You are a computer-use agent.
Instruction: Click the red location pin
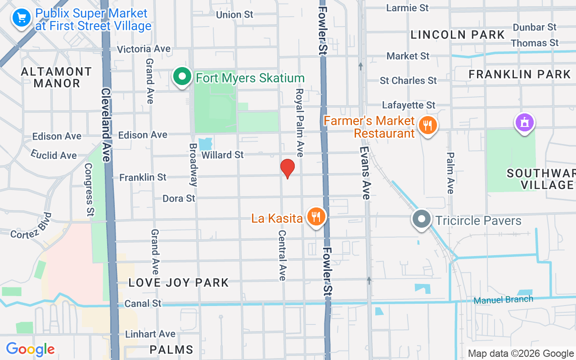click(288, 168)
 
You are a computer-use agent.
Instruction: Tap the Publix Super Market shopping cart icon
click(21, 18)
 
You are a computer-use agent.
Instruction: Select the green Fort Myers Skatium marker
click(182, 77)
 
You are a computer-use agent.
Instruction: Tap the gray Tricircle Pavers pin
click(422, 219)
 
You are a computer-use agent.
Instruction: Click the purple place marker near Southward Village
click(525, 122)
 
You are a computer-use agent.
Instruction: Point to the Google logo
click(31, 349)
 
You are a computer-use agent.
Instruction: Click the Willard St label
click(223, 155)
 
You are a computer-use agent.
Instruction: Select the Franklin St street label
click(143, 178)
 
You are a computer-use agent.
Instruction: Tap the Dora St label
click(179, 198)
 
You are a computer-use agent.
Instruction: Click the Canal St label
click(144, 303)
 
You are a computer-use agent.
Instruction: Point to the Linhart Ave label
click(150, 334)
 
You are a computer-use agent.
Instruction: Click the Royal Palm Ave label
click(299, 122)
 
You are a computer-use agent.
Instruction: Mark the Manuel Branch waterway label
click(504, 300)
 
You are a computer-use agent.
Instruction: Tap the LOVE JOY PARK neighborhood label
click(179, 283)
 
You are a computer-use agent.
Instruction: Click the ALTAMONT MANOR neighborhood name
click(57, 77)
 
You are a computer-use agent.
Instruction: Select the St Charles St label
click(408, 81)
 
